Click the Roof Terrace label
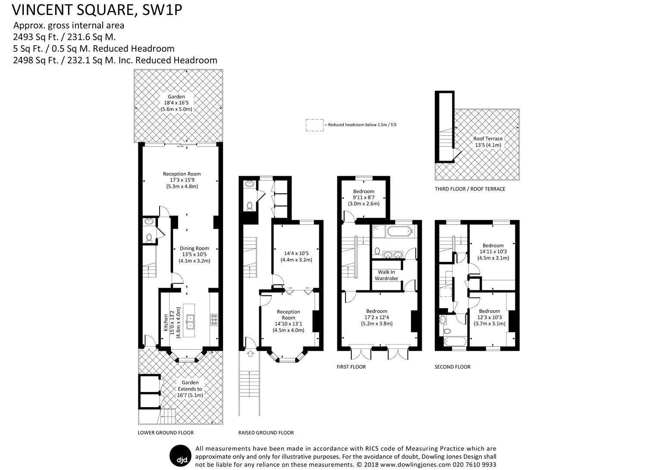(488, 142)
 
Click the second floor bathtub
(453, 343)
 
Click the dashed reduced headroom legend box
(314, 125)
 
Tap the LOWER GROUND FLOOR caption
(166, 433)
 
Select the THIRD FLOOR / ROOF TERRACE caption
(470, 189)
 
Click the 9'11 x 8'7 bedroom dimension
(364, 197)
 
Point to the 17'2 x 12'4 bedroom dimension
(377, 317)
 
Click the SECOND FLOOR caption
(452, 367)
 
